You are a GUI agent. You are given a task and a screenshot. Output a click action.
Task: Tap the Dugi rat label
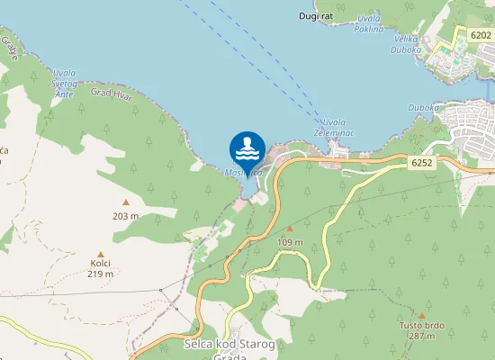point(316,15)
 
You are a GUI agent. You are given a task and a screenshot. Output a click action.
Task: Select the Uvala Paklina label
point(369,23)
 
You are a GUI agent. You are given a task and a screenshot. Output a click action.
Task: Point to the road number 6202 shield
point(481,34)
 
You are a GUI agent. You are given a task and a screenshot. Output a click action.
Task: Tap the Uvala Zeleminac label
point(334,127)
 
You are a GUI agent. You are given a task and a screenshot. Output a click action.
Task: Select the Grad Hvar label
point(112,94)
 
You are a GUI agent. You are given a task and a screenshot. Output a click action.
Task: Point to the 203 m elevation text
point(125,216)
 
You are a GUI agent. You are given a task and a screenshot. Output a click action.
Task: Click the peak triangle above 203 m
point(125,202)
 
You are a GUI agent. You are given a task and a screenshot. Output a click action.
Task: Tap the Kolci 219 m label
point(100,268)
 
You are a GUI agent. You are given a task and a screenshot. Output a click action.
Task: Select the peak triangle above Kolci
point(100,254)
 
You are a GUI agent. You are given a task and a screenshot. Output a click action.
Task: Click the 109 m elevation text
point(290,242)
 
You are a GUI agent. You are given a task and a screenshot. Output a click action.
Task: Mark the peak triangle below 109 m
point(290,229)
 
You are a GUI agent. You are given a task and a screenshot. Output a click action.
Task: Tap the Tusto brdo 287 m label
point(421,330)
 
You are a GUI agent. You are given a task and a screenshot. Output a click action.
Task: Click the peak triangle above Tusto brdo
point(421,315)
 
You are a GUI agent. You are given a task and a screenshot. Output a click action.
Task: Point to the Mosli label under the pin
point(244,171)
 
